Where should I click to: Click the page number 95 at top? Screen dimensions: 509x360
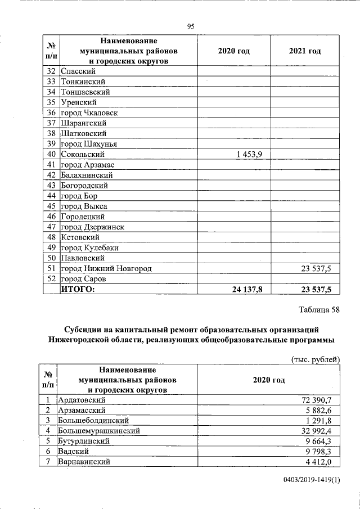point(190,26)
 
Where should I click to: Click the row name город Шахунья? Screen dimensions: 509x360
point(88,144)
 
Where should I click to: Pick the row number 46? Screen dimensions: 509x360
point(51,217)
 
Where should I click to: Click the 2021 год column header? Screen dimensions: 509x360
point(304,51)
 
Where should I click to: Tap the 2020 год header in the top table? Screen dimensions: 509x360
point(233,51)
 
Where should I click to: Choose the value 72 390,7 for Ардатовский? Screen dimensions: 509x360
point(318,400)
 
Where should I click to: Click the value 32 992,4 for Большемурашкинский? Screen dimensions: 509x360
point(318,431)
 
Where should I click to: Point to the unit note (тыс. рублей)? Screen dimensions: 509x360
point(316,359)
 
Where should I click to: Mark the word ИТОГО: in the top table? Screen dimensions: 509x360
point(78,289)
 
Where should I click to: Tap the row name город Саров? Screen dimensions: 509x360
point(83,279)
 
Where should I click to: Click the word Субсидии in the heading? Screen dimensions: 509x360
point(85,329)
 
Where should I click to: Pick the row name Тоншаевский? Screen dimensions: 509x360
point(85,92)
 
